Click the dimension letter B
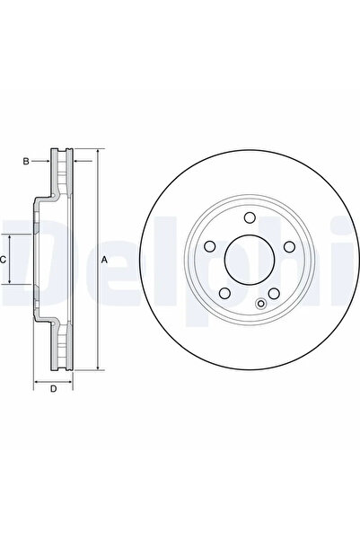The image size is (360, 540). click(26, 161)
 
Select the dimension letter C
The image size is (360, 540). click(4, 259)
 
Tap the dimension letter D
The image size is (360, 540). click(53, 388)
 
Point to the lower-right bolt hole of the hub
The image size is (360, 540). click(274, 296)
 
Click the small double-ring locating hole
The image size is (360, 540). click(261, 303)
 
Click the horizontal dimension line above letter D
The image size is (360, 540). click(53, 380)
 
